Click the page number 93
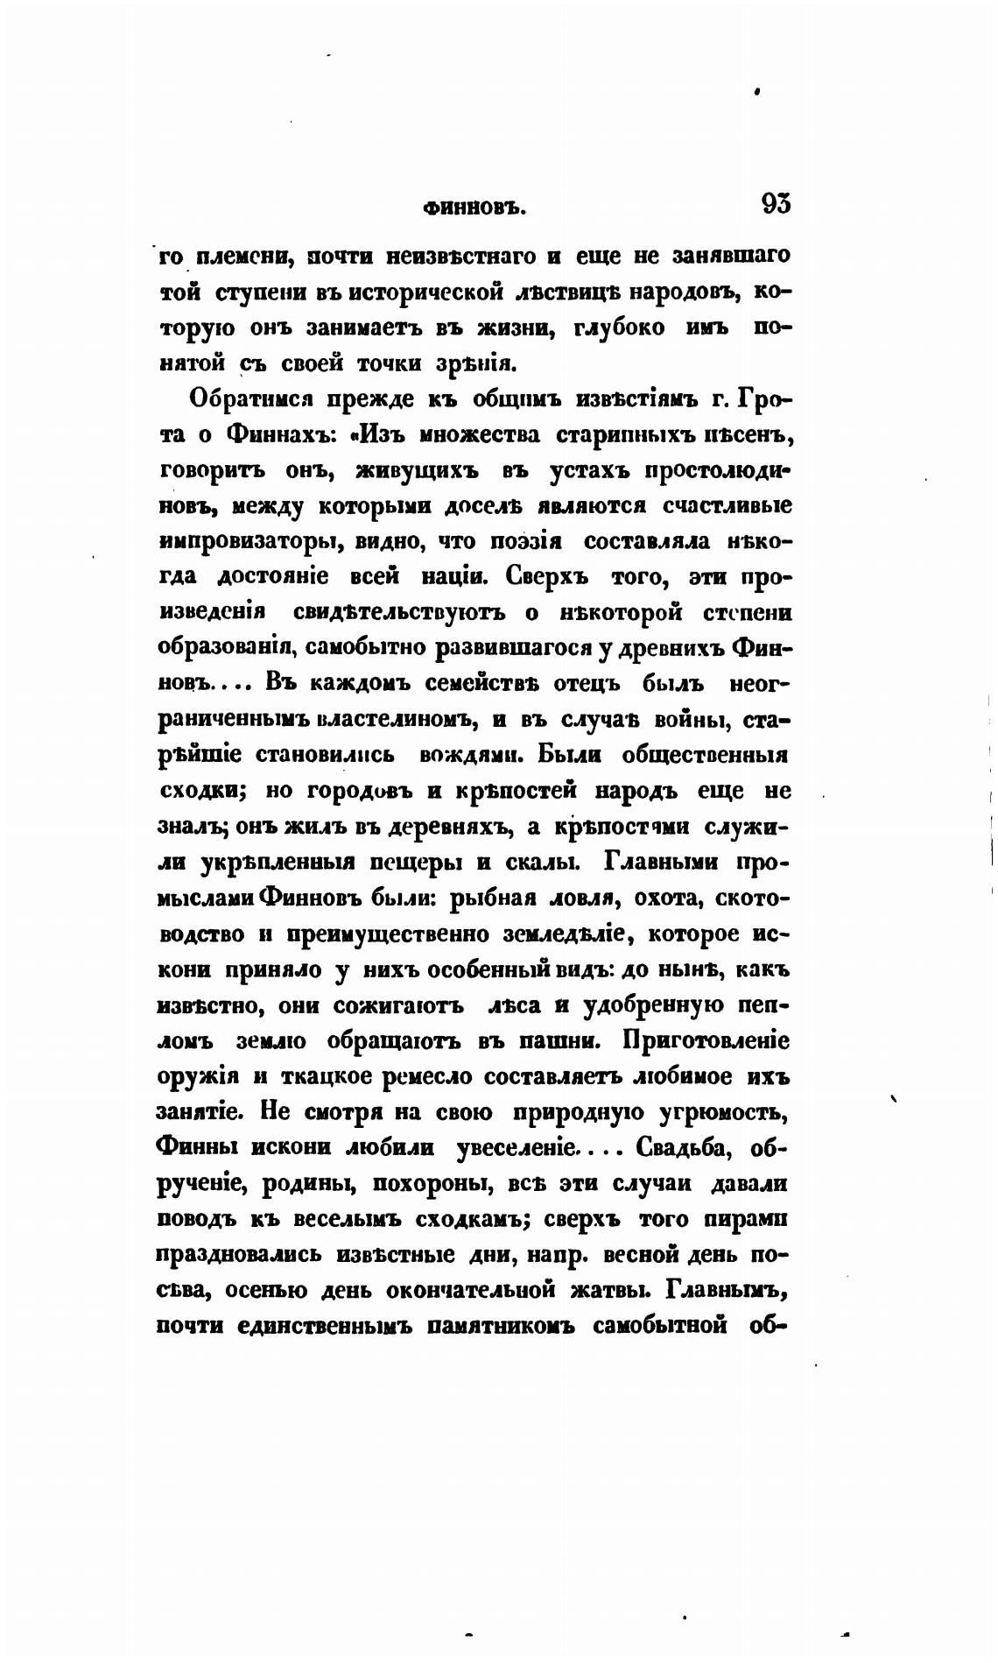776,205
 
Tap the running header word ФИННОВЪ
473,208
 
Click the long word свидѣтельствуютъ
401,613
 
